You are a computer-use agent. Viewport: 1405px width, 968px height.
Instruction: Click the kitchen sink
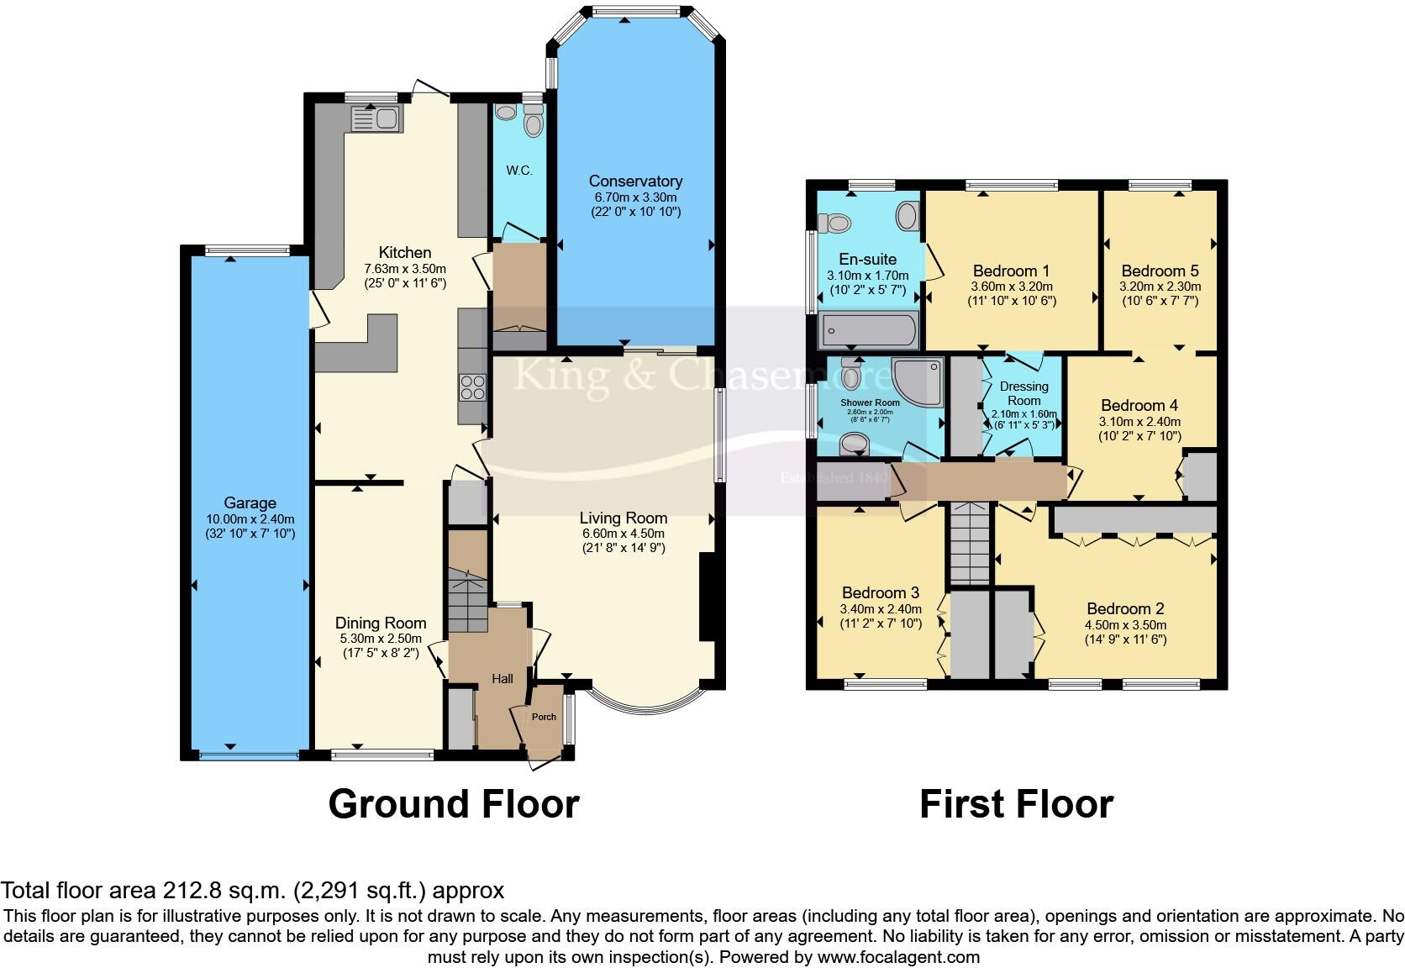click(376, 119)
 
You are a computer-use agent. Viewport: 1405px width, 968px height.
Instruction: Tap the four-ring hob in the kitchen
click(472, 387)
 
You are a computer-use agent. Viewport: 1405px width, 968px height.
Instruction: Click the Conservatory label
click(635, 181)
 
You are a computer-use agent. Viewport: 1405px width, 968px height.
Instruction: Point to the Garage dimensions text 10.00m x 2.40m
click(250, 519)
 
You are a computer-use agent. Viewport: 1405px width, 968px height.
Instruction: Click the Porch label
click(544, 717)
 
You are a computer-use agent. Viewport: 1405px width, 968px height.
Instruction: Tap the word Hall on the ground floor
click(503, 679)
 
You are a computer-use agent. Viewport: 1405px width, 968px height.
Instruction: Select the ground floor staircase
click(467, 601)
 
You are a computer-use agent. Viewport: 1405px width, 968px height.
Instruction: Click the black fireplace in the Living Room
click(707, 597)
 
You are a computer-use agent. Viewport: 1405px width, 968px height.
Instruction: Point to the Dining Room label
click(381, 623)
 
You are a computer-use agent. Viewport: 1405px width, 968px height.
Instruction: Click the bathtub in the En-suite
click(868, 330)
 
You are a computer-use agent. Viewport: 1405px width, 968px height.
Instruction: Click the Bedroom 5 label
click(1160, 271)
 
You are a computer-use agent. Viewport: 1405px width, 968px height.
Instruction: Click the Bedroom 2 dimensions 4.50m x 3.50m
click(1125, 625)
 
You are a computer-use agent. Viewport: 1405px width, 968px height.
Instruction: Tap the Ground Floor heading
click(453, 804)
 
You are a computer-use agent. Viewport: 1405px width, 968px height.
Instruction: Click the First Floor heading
click(1016, 804)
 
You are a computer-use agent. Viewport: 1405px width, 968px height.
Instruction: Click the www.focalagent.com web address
click(898, 957)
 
